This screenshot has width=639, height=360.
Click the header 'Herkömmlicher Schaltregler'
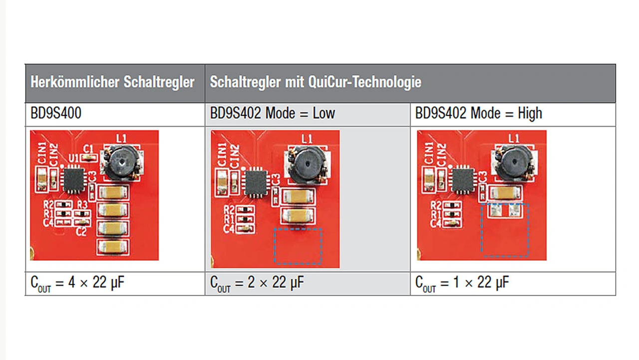(x=112, y=82)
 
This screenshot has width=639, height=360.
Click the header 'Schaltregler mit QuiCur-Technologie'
(x=316, y=82)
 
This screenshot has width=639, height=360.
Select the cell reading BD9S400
(x=56, y=114)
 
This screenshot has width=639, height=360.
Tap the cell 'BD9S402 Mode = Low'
(x=273, y=114)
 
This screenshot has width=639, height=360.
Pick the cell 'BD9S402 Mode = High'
(x=479, y=114)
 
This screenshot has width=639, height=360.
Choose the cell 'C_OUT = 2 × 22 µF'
(x=257, y=284)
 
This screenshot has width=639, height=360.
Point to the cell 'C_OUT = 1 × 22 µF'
(x=462, y=284)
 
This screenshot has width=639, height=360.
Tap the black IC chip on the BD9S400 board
(x=74, y=180)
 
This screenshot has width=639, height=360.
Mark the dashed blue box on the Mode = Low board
(x=298, y=246)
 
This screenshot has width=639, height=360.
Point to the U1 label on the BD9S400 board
(x=73, y=158)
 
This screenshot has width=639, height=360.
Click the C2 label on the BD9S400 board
(x=81, y=232)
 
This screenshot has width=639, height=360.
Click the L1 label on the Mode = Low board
(x=307, y=138)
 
